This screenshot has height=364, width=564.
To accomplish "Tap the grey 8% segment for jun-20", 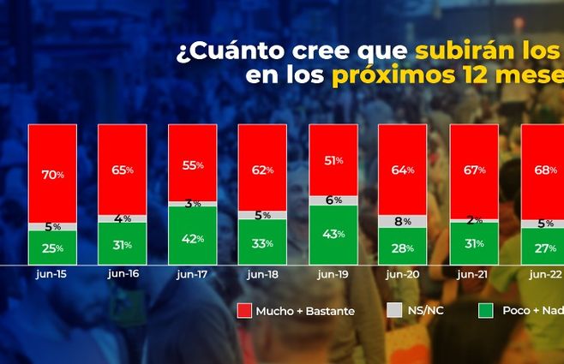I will (x=403, y=221).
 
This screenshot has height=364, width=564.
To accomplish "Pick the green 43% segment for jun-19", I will (x=333, y=235).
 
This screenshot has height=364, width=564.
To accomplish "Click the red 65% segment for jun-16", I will (x=122, y=169).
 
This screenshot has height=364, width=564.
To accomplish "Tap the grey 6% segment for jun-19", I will (x=333, y=200).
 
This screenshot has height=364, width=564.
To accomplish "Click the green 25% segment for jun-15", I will (x=52, y=247).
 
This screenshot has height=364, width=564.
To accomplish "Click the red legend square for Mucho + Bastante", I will (x=243, y=312).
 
